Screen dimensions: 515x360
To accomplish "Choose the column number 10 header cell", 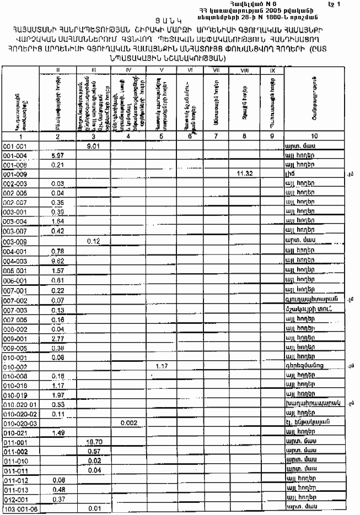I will click(309, 135).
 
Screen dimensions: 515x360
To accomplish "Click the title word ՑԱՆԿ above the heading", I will click(179, 20).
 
